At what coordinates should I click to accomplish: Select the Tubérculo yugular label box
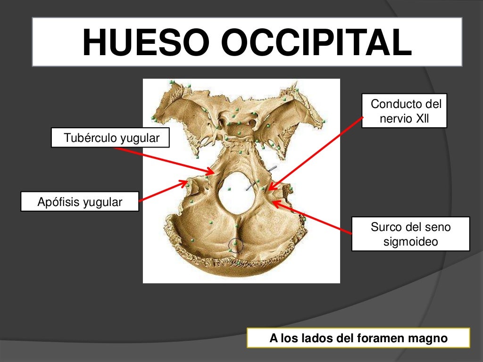coord(111,138)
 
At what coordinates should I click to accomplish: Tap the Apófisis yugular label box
coord(80,202)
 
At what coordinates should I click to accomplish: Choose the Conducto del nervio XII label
coord(405,111)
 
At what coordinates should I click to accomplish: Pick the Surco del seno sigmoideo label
coord(411,234)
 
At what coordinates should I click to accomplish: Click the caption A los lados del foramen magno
coord(358,338)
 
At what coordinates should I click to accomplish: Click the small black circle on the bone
coord(235,245)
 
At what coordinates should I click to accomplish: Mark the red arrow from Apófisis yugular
coord(163,191)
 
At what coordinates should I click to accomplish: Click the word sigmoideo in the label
coord(411,242)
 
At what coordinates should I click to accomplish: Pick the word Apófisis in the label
coord(58,202)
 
